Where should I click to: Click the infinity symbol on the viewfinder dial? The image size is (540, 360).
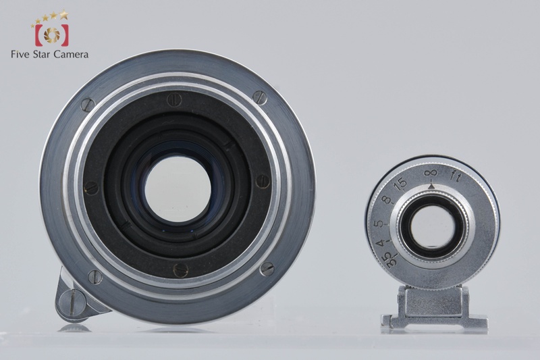tap(431, 173)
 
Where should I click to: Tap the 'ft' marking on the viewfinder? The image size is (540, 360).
tap(457, 176)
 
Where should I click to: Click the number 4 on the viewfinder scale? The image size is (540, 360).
tap(380, 244)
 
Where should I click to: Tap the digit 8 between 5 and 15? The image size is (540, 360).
tap(387, 200)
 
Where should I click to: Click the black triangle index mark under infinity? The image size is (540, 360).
tap(431, 186)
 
